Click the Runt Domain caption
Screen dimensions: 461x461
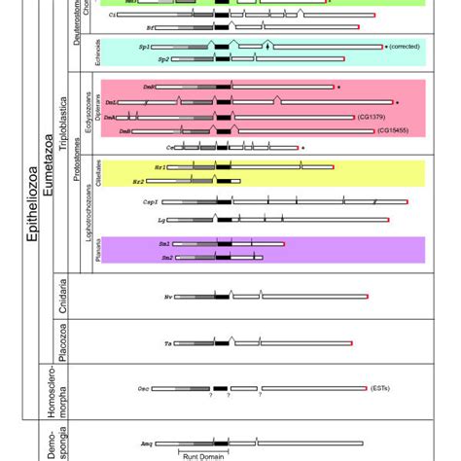coord(199,453)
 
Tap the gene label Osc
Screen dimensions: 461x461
coord(143,386)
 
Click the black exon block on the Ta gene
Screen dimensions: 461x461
coord(222,343)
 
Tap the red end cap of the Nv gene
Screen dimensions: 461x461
coord(366,296)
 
